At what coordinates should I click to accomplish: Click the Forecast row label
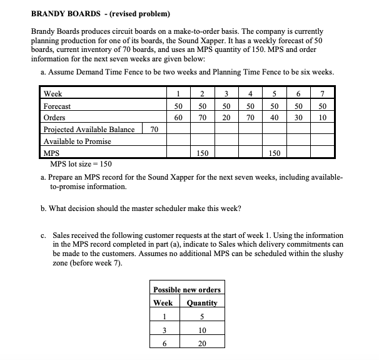(57, 106)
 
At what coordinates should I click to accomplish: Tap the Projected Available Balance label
(89, 130)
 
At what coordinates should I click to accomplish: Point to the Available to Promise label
(74, 141)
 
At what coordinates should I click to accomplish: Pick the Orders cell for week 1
(178, 118)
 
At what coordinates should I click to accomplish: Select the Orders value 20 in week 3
(226, 118)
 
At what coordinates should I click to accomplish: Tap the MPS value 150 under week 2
(202, 153)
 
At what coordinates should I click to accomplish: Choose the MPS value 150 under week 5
(274, 153)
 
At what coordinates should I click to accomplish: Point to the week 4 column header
(250, 95)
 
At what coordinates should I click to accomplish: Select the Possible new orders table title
(187, 289)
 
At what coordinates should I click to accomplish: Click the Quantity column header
(201, 302)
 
